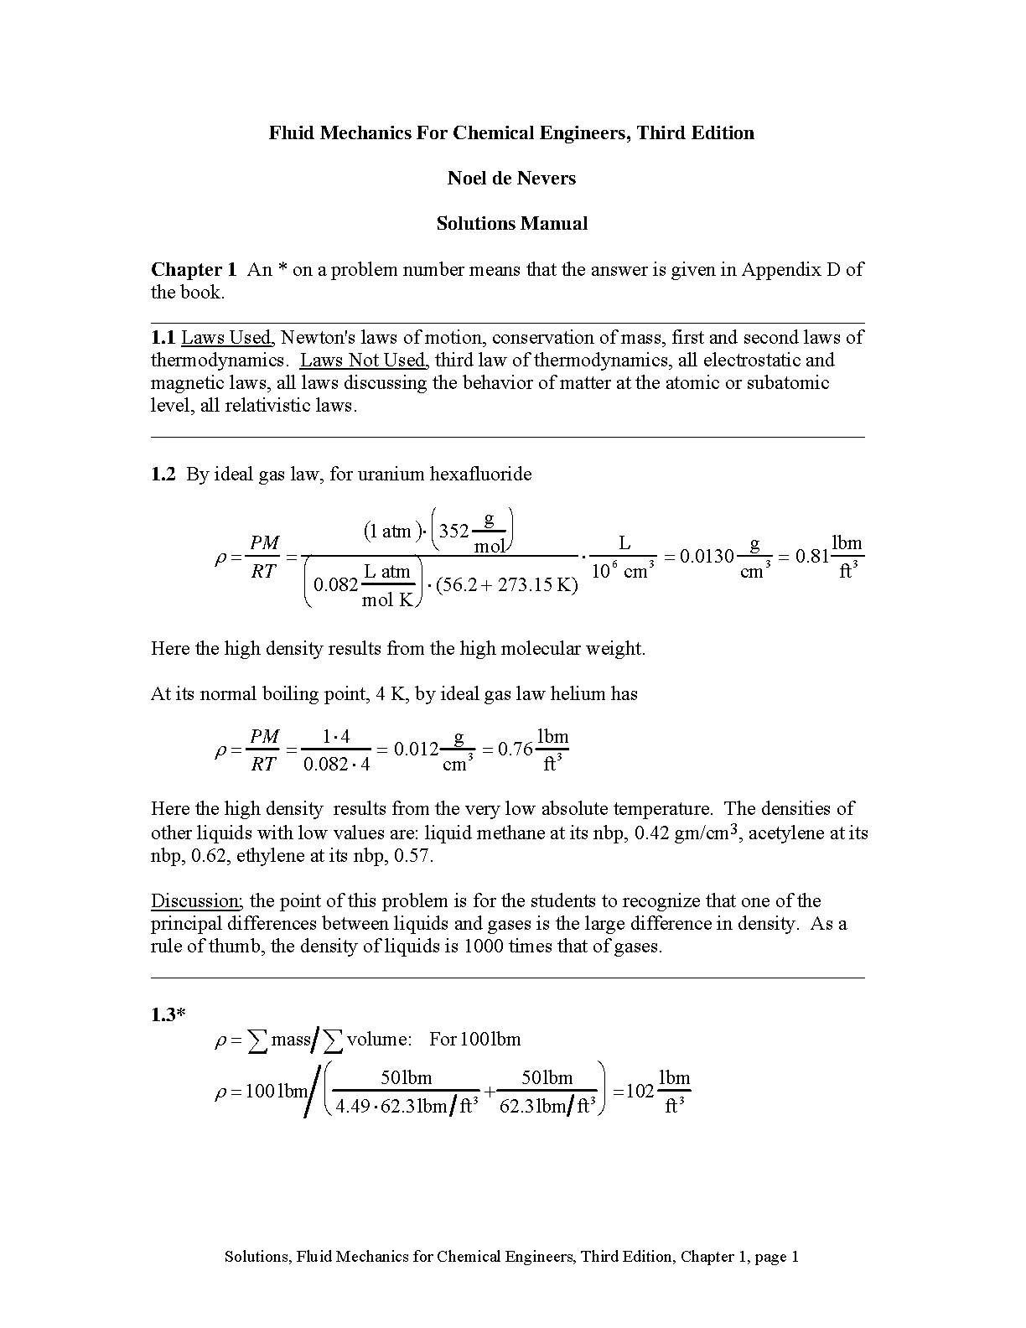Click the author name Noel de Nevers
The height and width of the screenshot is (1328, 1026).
[x=511, y=179]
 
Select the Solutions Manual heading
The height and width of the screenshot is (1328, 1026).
[x=511, y=224]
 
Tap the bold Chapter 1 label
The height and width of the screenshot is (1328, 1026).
[x=194, y=270]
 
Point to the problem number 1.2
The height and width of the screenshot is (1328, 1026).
[x=163, y=475]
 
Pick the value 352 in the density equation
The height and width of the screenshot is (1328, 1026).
[x=454, y=532]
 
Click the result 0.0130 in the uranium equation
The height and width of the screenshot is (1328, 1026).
[x=707, y=557]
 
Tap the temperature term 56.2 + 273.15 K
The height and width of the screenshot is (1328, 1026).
[x=507, y=585]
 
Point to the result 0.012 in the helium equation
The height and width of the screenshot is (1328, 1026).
[x=416, y=750]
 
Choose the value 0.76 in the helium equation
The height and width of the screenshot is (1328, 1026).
[x=516, y=750]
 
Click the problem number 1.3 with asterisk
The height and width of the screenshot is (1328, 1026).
[x=168, y=1015]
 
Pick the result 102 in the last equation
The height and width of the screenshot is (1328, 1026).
[x=640, y=1092]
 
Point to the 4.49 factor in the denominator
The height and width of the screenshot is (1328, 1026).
[x=353, y=1107]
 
